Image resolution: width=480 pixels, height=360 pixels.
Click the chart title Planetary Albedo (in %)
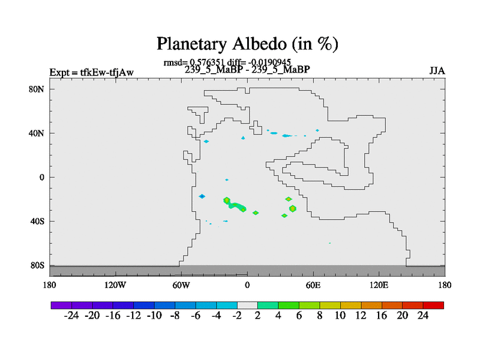(247, 44)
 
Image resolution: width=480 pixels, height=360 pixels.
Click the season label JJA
(437, 71)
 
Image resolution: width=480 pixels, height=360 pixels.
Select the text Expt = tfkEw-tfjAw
(92, 73)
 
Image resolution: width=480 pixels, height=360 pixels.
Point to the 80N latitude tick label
(37, 89)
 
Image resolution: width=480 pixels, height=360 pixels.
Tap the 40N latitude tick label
(37, 133)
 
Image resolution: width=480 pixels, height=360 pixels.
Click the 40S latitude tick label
(37, 221)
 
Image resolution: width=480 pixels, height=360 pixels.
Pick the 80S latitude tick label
(37, 265)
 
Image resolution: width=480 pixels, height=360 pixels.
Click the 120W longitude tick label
(115, 286)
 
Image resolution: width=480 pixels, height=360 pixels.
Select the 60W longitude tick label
(181, 286)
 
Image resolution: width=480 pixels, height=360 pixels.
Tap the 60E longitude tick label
(313, 286)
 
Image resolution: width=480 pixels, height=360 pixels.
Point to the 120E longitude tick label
(379, 286)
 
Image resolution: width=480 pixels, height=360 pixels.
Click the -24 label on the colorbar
(71, 316)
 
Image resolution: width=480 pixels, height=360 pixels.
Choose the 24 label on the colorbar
(423, 316)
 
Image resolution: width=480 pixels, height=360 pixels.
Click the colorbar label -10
(154, 316)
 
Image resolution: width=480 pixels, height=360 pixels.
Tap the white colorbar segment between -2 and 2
(247, 305)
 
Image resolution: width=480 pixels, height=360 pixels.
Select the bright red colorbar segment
(433, 305)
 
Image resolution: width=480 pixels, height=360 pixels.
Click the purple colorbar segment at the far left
(61, 305)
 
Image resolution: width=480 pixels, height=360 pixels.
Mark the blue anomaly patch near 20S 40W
(202, 196)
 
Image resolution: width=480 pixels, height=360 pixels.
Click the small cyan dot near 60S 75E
(329, 243)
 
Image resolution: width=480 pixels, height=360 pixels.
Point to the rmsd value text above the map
(194, 63)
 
